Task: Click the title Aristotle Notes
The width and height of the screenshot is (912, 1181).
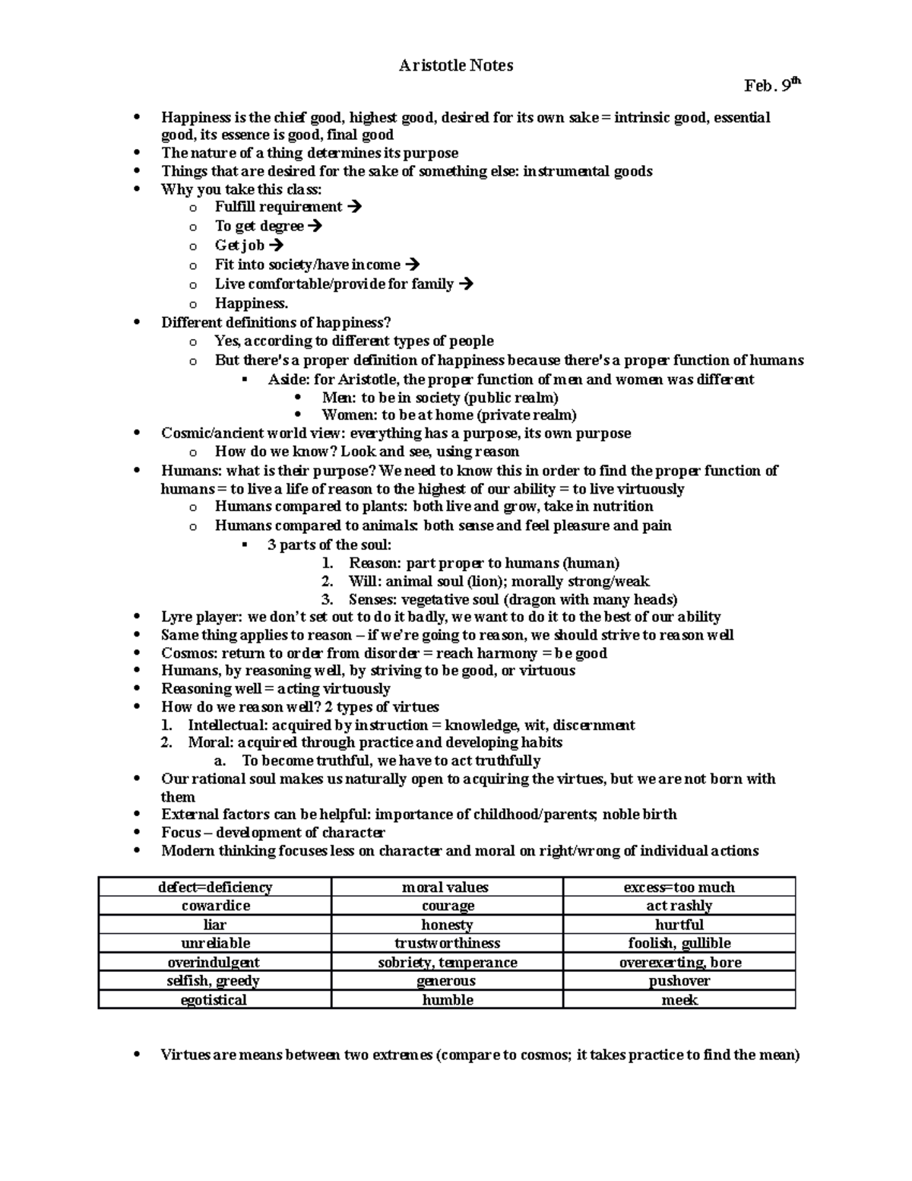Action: pos(456,65)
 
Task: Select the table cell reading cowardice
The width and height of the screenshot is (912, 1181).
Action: pos(215,906)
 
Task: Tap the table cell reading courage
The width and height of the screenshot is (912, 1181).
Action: pos(448,906)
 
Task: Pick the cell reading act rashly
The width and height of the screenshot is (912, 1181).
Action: pos(679,906)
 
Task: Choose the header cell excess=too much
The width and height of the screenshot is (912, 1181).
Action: pos(679,887)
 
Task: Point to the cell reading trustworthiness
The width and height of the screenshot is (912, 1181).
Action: pos(447,943)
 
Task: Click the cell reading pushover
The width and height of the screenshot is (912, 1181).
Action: pos(679,981)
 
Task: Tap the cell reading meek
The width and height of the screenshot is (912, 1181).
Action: pos(679,1000)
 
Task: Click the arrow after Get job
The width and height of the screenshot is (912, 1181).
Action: pos(277,245)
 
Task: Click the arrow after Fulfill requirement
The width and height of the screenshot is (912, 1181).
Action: pos(354,207)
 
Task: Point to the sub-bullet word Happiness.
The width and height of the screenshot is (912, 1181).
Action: pos(251,303)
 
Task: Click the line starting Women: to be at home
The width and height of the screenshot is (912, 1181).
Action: pos(448,415)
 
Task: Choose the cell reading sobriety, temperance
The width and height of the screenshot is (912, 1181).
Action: pos(447,962)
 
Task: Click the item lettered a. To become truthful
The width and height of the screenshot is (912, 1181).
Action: pos(391,760)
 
